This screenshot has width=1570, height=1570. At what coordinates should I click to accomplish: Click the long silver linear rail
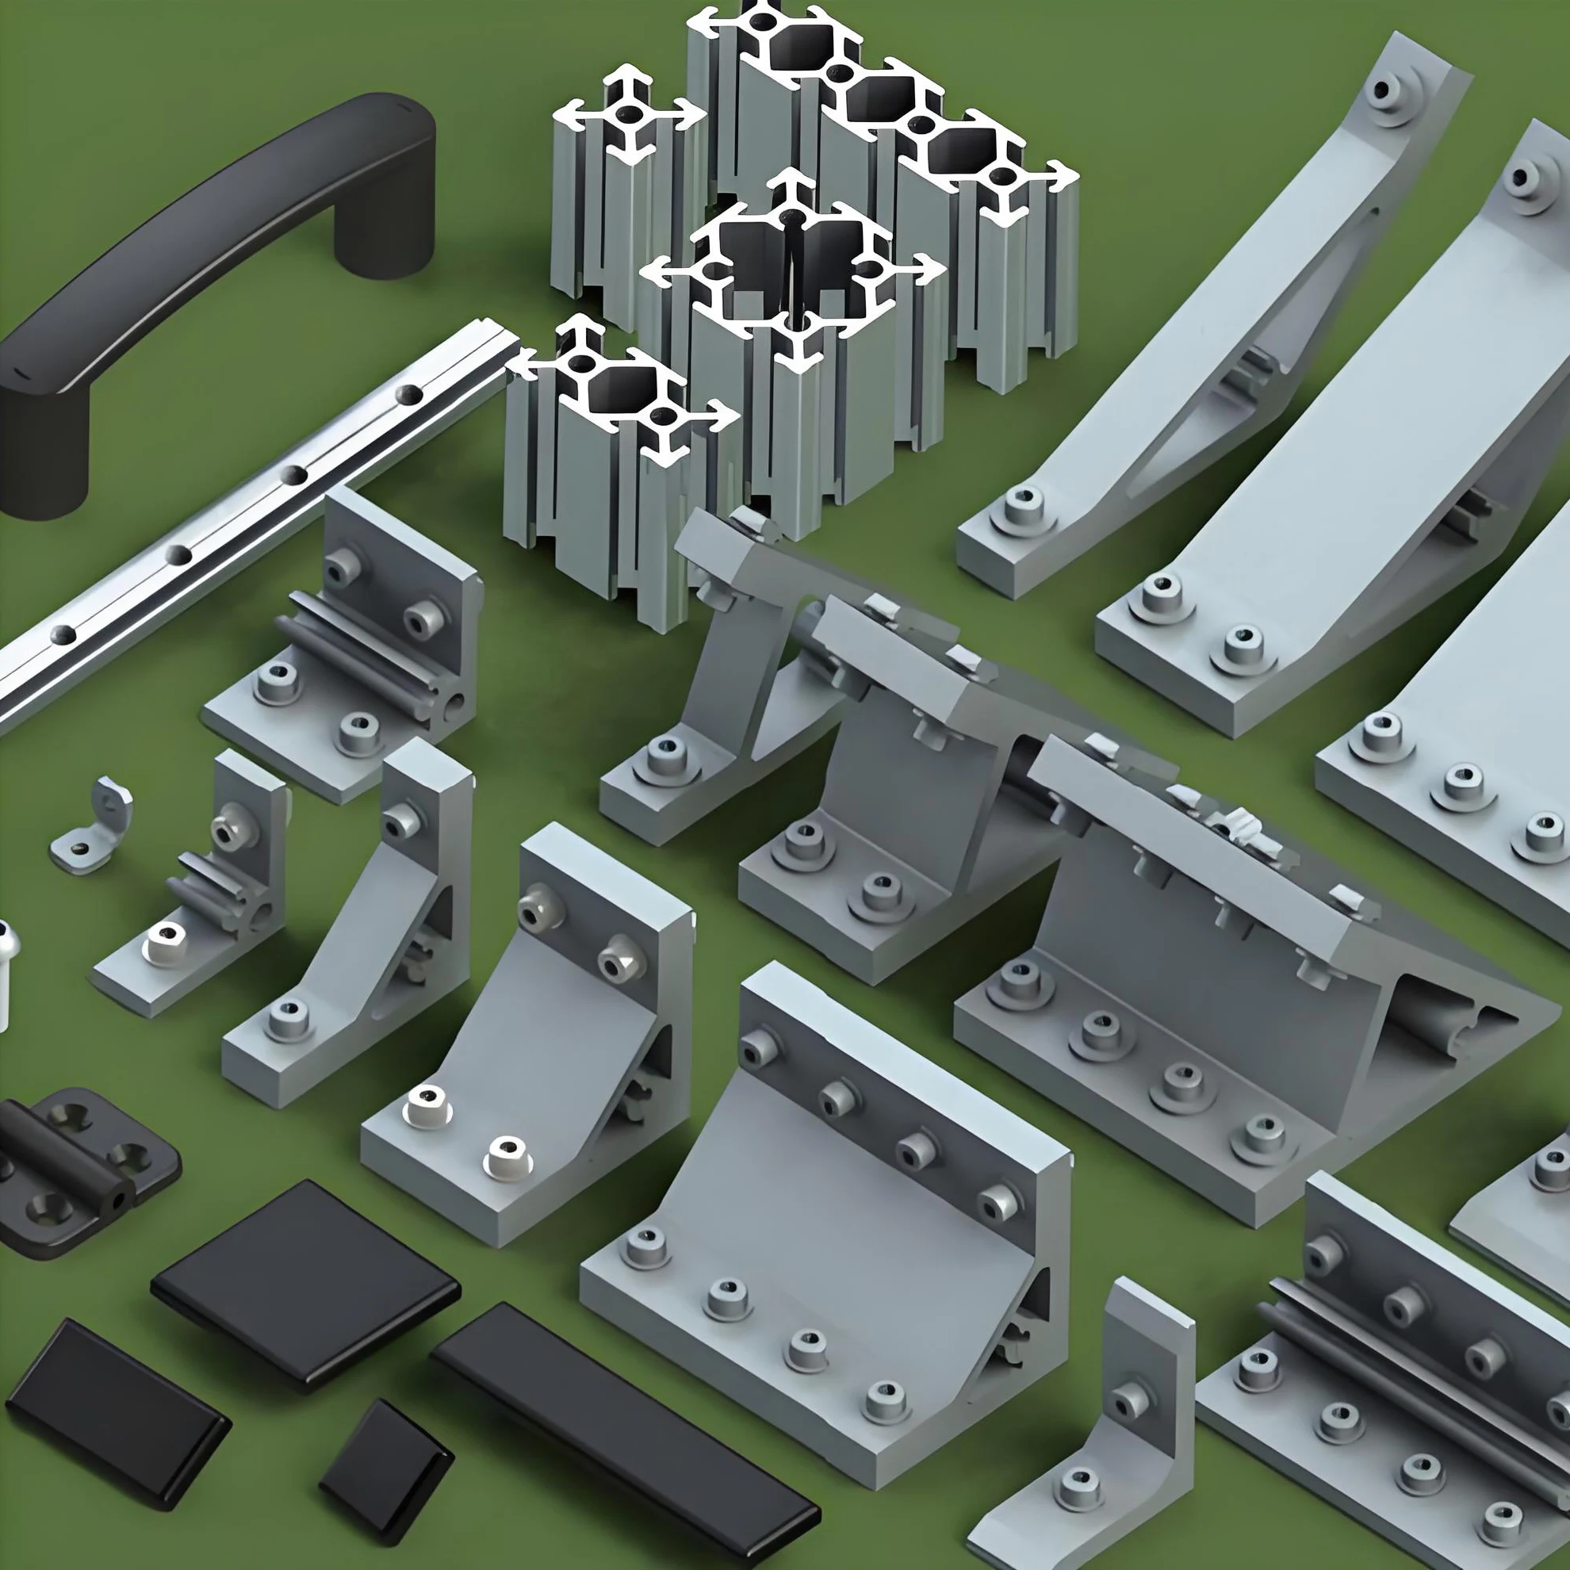coord(243,520)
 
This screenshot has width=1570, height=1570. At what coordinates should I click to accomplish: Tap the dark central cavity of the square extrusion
coord(792,268)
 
